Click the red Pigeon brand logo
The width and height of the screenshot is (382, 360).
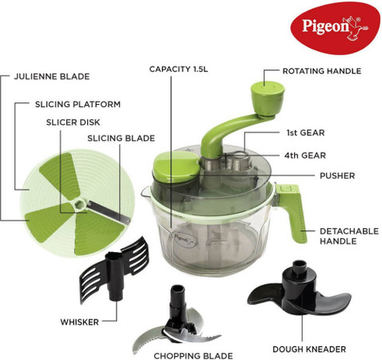tap(335, 28)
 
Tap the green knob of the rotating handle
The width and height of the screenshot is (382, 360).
tap(268, 98)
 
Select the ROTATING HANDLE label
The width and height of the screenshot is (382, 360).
tap(322, 71)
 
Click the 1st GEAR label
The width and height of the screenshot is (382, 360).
tap(305, 133)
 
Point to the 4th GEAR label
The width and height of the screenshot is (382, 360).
tap(305, 155)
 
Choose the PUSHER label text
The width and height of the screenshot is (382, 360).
tap(337, 176)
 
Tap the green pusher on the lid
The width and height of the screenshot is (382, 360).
tap(176, 167)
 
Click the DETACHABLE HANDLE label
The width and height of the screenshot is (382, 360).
tap(349, 236)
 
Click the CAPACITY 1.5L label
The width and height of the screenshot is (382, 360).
tap(178, 69)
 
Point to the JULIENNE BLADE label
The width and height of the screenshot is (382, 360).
tap(52, 77)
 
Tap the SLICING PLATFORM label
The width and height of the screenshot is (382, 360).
tap(78, 104)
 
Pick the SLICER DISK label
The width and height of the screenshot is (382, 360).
tap(73, 122)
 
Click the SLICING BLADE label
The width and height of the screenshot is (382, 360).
tap(121, 138)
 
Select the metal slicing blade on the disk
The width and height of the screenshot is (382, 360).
tap(109, 212)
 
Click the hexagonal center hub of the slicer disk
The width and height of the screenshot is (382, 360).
tap(80, 205)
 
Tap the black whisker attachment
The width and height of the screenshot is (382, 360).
tap(114, 270)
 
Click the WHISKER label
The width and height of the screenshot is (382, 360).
tap(79, 322)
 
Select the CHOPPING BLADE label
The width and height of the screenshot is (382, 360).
tap(193, 356)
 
